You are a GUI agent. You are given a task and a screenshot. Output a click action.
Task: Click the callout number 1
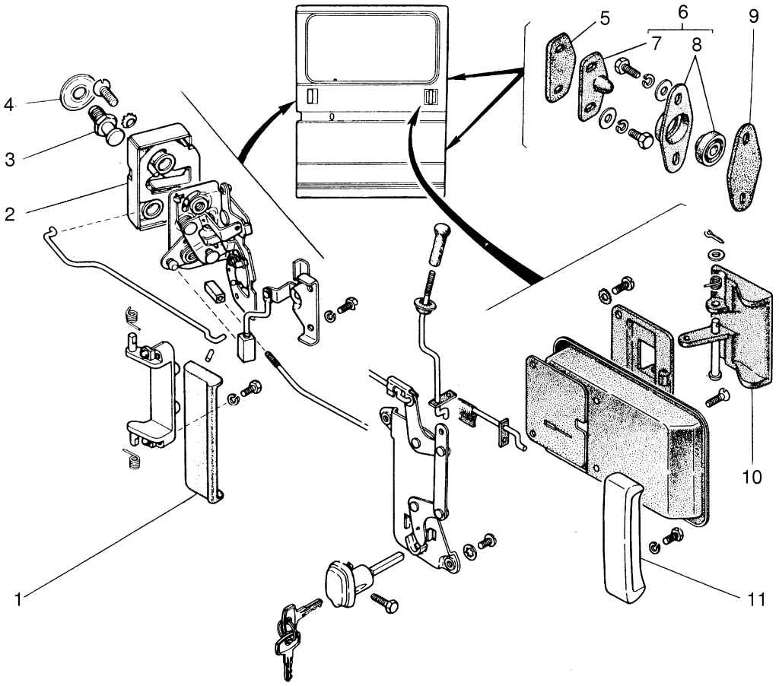tap(18, 599)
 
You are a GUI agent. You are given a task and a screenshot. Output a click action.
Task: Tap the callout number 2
tap(10, 214)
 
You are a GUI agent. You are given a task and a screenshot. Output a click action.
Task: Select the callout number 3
tap(10, 160)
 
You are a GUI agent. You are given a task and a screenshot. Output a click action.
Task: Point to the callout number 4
tap(9, 105)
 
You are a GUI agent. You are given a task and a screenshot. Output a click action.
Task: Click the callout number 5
tap(605, 19)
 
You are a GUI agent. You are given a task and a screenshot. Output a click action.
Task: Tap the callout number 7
tap(657, 43)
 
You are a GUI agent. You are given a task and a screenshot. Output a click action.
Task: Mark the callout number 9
tap(753, 17)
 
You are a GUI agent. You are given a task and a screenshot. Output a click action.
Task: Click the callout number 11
tap(755, 600)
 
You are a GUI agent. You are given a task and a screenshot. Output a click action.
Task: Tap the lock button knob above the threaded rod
tap(440, 246)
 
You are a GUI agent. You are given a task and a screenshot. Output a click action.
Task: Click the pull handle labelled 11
tap(624, 537)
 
